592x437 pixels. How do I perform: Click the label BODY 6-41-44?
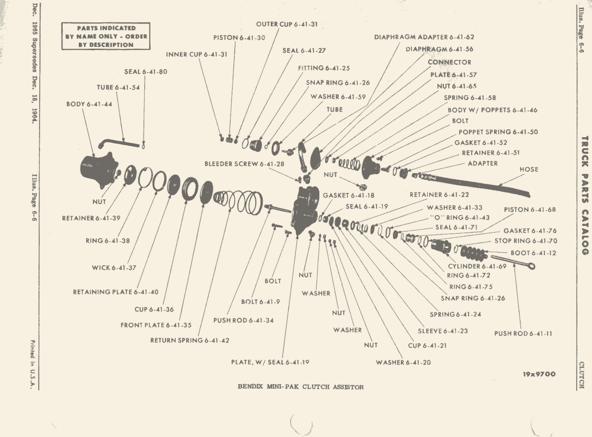tap(89, 104)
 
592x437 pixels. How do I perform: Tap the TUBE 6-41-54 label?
tap(118, 88)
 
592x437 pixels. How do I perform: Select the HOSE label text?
tap(529, 170)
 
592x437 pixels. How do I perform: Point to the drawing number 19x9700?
tap(539, 374)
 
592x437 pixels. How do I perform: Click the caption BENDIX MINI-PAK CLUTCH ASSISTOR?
tap(300, 387)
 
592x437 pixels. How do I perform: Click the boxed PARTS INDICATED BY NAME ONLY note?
tap(106, 36)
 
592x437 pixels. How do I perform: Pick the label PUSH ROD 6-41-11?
tap(523, 333)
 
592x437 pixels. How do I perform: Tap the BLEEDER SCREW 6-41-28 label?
tap(244, 164)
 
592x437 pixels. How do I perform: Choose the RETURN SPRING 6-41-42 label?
tap(189, 341)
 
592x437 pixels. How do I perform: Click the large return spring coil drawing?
tap(239, 202)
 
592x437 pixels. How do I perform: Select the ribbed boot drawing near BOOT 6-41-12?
tap(474, 254)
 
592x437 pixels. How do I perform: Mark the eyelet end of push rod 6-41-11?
tap(532, 266)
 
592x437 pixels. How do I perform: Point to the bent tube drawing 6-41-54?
tap(118, 143)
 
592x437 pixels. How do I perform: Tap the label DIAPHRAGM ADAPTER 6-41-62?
tap(424, 37)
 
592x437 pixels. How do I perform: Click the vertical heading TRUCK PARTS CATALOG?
tap(585, 196)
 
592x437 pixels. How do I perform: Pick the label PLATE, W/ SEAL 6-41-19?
tap(270, 363)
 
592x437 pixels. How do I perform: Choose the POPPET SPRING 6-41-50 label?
tap(498, 132)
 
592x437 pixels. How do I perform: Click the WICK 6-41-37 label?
tap(114, 267)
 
